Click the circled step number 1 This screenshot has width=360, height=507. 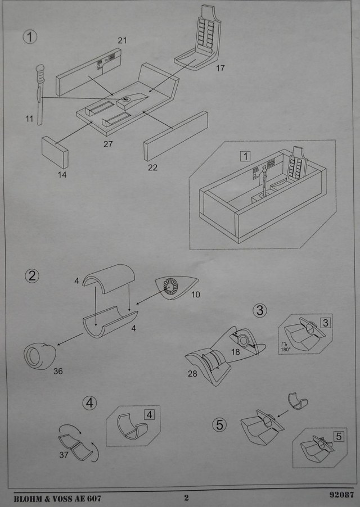(30, 37)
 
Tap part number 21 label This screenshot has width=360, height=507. (122, 40)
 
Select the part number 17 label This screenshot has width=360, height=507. (220, 68)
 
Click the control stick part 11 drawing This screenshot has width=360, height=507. (40, 94)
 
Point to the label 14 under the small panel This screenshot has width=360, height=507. (62, 175)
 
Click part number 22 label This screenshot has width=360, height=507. (152, 168)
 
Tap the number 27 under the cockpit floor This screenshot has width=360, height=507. (108, 144)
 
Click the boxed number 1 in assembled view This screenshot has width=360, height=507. (245, 156)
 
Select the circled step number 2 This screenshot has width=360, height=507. (31, 276)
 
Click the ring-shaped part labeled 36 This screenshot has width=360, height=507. (39, 356)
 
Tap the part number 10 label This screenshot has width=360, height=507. (195, 295)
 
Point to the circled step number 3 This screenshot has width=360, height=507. (260, 310)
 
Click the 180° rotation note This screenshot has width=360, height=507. (286, 347)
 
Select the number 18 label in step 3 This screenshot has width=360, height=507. (235, 352)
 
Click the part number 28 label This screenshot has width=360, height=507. (192, 374)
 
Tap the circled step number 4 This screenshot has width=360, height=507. (89, 403)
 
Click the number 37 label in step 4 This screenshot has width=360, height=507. (64, 455)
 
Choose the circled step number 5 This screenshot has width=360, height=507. (219, 424)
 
